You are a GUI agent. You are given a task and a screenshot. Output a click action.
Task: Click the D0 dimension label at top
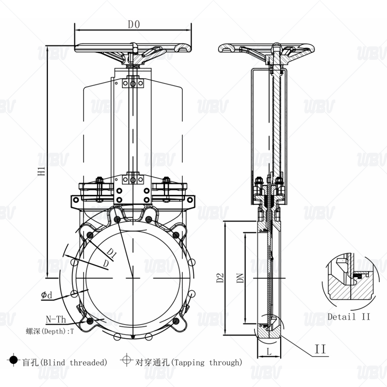coord(134,24)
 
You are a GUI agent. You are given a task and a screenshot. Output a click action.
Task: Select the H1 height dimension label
coord(42,170)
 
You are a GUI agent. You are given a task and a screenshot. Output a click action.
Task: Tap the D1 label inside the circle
coord(111,253)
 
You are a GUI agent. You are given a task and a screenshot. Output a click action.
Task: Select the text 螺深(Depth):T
coord(51,331)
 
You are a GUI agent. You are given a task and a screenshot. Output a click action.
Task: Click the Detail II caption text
coord(349,316)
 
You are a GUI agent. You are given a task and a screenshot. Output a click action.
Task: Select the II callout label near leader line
coord(320,348)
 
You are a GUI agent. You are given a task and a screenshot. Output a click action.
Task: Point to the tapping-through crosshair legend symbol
coord(127,360)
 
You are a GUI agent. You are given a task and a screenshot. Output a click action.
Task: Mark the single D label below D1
coord(105,264)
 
